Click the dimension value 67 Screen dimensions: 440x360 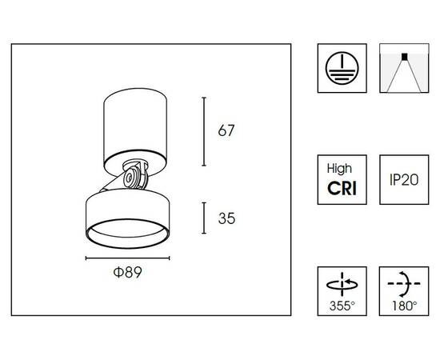[226, 130]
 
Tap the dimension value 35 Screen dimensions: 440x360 [226, 218]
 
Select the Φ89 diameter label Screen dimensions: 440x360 [128, 272]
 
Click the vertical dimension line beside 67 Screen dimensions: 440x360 [204, 131]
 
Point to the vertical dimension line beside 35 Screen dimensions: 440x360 [204, 218]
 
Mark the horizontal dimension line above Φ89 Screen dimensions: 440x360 [128, 258]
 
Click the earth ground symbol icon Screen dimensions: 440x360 [342, 68]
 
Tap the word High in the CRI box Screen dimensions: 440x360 [339, 169]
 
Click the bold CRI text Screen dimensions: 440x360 [342, 188]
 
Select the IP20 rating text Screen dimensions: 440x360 [404, 179]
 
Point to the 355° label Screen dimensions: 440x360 [342, 306]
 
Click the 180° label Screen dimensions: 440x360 [404, 306]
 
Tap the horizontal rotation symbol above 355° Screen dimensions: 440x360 [342, 284]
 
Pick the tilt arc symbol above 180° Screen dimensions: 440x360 [404, 284]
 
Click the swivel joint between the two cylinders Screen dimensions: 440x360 [135, 174]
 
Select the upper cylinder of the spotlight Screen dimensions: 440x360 [135, 132]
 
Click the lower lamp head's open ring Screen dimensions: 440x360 [128, 234]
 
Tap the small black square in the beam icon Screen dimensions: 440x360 [404, 56]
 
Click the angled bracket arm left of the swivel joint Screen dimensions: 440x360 [112, 183]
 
